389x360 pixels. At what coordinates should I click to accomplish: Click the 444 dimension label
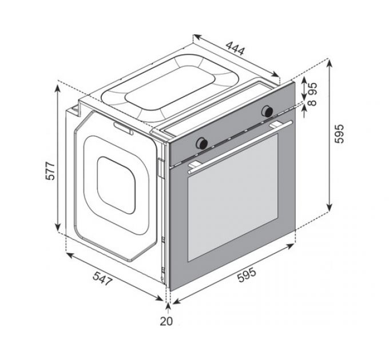[235, 49]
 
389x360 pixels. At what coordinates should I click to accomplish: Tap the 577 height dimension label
[50, 171]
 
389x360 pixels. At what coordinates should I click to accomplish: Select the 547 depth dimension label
[102, 278]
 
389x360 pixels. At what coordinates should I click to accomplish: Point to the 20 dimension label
[166, 321]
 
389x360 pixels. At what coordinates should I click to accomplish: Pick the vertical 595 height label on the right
[339, 134]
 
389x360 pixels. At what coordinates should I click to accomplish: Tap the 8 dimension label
[313, 103]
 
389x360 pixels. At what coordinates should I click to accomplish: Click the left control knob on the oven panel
[202, 143]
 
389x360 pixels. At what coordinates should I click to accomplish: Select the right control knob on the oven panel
[268, 111]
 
